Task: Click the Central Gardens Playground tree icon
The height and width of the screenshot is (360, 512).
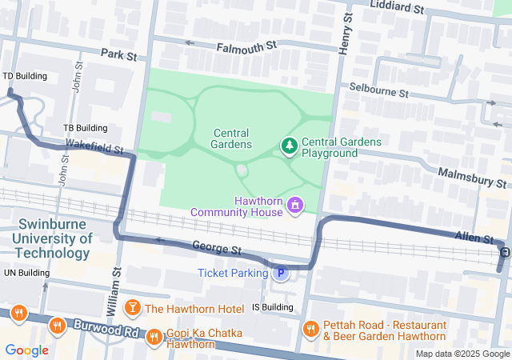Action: pyautogui.click(x=289, y=146)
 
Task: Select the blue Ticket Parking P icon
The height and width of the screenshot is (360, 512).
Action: pyautogui.click(x=281, y=274)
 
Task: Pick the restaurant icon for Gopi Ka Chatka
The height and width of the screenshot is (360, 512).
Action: pyautogui.click(x=154, y=338)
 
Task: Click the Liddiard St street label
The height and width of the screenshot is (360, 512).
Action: pyautogui.click(x=397, y=7)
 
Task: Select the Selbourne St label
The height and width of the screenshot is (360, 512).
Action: pyautogui.click(x=378, y=90)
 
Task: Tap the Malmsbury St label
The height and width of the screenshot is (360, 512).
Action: pyautogui.click(x=473, y=177)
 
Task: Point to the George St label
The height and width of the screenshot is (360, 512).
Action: pyautogui.click(x=217, y=250)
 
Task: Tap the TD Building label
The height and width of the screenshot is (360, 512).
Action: pyautogui.click(x=25, y=76)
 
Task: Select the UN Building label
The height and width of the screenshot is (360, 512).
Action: pyautogui.click(x=26, y=273)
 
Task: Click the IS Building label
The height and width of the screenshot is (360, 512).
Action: pyautogui.click(x=272, y=306)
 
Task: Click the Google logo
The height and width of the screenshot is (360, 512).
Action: pyautogui.click(x=27, y=350)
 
